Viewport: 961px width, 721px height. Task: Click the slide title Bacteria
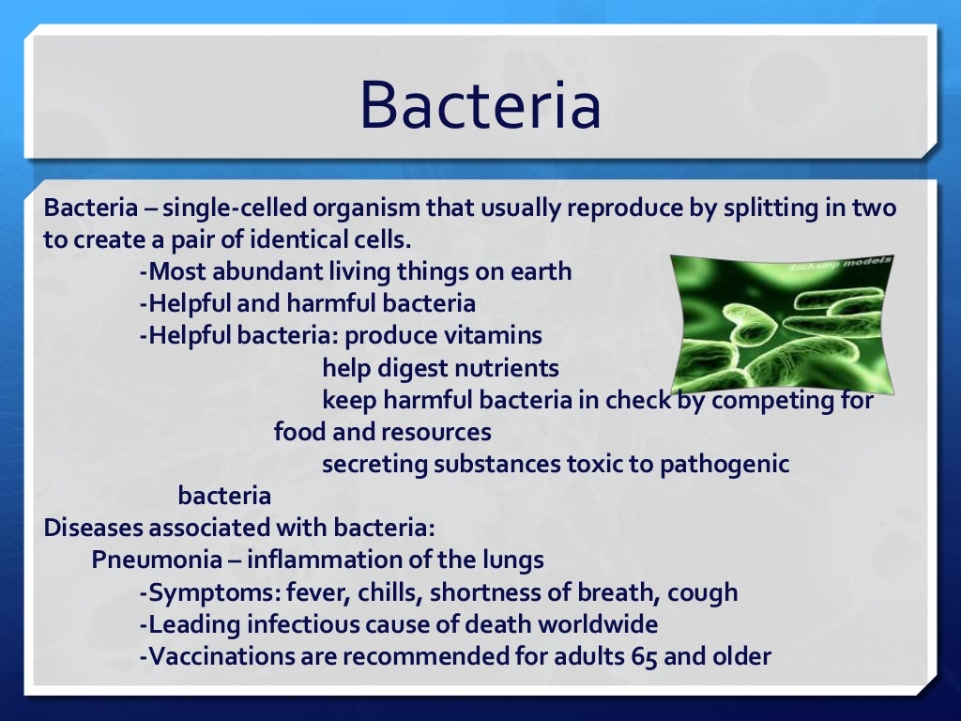click(480, 105)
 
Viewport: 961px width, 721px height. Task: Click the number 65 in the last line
click(646, 656)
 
